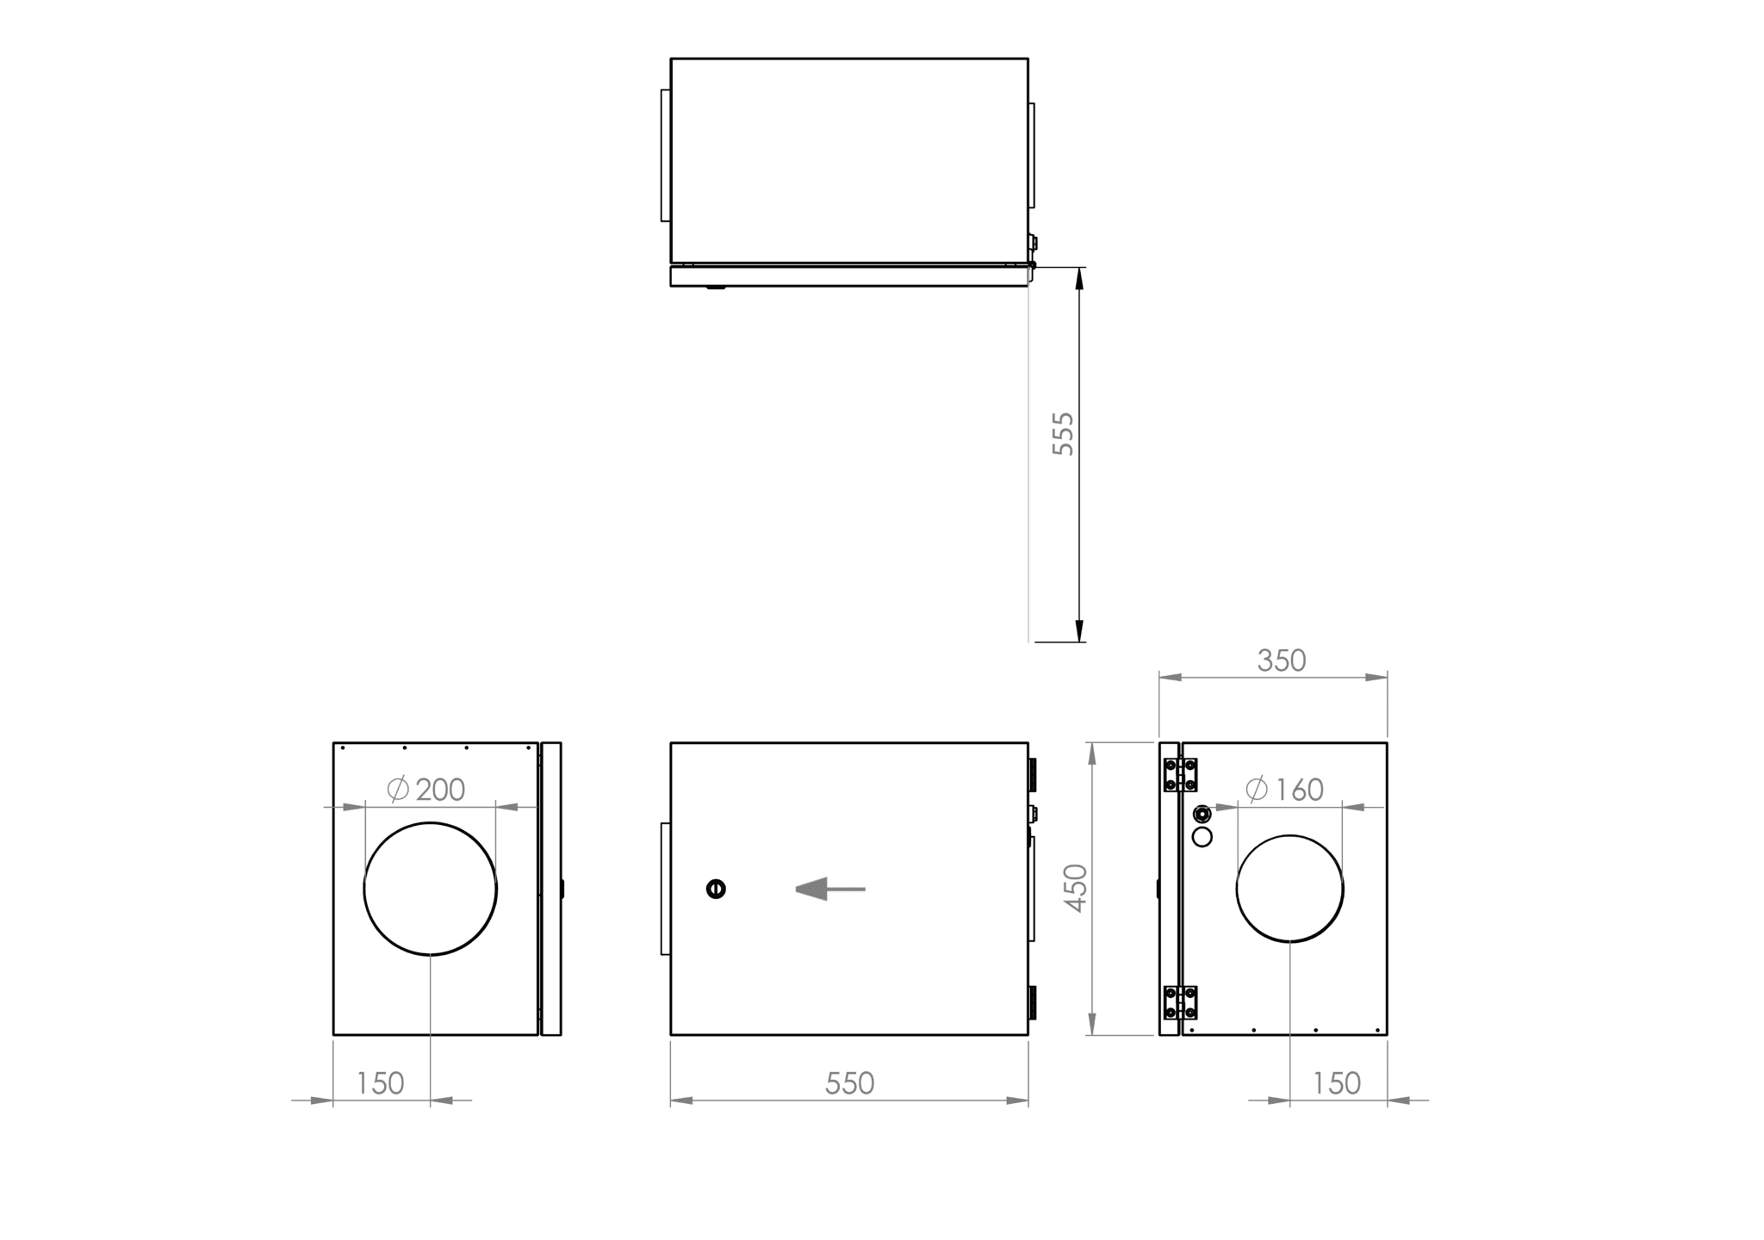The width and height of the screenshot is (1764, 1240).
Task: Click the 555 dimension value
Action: tap(1064, 433)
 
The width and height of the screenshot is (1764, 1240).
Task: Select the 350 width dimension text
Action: tap(1282, 660)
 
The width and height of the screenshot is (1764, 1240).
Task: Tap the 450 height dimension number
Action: tap(1077, 888)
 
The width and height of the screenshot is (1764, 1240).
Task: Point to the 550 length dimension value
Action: tap(849, 1083)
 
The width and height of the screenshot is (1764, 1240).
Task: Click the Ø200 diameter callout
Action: tap(425, 789)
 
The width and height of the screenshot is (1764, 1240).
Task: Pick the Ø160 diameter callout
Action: tap(1284, 789)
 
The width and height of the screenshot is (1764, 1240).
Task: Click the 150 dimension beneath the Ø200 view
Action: tap(380, 1083)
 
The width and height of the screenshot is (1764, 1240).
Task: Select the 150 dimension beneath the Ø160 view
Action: tap(1336, 1083)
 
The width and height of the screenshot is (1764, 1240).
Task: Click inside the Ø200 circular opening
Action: tap(430, 889)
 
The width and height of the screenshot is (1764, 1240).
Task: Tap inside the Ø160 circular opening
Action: tap(1289, 889)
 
